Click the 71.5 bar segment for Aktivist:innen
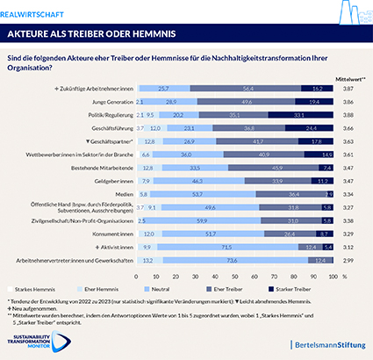click(x=227, y=248)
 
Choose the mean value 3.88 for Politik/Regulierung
click(x=348, y=114)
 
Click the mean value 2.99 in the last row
click(x=348, y=260)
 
